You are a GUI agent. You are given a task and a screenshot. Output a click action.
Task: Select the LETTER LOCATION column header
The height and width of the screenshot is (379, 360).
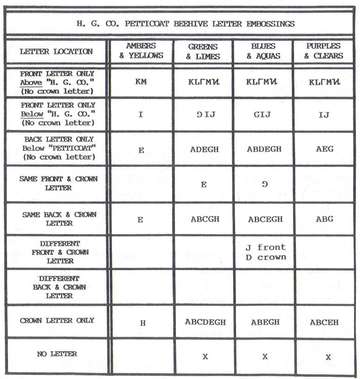(x=56, y=51)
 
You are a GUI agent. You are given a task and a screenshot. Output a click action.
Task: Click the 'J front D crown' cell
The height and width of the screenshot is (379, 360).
(x=265, y=252)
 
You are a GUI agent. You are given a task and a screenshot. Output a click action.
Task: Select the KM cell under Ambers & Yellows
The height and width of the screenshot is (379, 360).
(x=141, y=81)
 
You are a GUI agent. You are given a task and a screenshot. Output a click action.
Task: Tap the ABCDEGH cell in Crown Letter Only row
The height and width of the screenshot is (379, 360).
(x=204, y=322)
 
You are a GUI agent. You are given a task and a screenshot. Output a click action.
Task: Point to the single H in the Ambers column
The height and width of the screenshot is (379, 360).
(x=143, y=323)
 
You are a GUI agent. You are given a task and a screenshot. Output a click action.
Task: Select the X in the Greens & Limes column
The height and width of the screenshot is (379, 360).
(x=205, y=357)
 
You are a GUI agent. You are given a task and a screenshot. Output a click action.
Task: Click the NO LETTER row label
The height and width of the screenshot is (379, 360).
(x=57, y=354)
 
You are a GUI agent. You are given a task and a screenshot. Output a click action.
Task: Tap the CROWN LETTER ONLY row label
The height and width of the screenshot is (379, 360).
(x=57, y=320)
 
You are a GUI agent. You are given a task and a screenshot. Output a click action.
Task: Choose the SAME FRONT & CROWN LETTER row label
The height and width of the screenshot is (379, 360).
(x=58, y=183)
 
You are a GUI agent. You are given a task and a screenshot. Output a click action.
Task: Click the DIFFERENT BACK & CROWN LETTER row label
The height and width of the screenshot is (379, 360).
(x=59, y=287)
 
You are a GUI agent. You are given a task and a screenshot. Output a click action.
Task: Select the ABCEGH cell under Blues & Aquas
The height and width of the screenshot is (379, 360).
(x=265, y=219)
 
